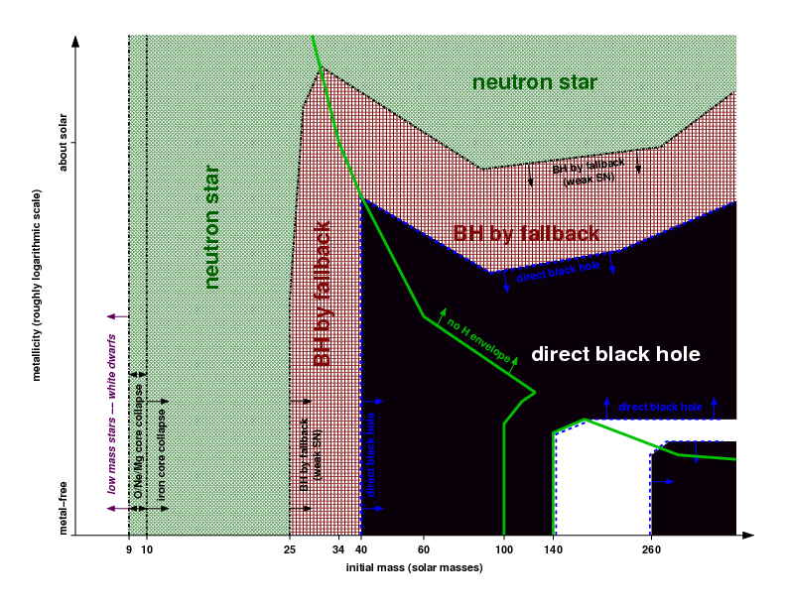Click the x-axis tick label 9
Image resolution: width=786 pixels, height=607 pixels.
pyautogui.click(x=129, y=549)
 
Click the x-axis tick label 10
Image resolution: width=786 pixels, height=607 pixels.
pyautogui.click(x=147, y=549)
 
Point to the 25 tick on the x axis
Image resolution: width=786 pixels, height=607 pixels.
pyautogui.click(x=289, y=549)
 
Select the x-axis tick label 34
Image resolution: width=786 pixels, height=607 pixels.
pyautogui.click(x=338, y=549)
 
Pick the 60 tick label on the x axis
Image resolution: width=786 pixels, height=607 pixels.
pyautogui.click(x=424, y=549)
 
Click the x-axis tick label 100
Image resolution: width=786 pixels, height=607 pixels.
pyautogui.click(x=504, y=549)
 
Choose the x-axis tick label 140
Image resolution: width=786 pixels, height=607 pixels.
pyautogui.click(x=552, y=549)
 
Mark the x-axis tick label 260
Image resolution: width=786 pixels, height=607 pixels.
pyautogui.click(x=650, y=549)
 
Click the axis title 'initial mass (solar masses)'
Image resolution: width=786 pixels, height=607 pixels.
pyautogui.click(x=414, y=568)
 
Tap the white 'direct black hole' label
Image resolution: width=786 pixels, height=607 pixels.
pyautogui.click(x=616, y=354)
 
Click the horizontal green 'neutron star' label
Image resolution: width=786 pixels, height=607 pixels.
pyautogui.click(x=535, y=82)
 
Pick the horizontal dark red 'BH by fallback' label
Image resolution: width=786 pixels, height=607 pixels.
pyautogui.click(x=526, y=234)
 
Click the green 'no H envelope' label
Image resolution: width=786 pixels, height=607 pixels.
pyautogui.click(x=478, y=340)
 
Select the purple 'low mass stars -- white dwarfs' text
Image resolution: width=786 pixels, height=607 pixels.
pyautogui.click(x=112, y=416)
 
